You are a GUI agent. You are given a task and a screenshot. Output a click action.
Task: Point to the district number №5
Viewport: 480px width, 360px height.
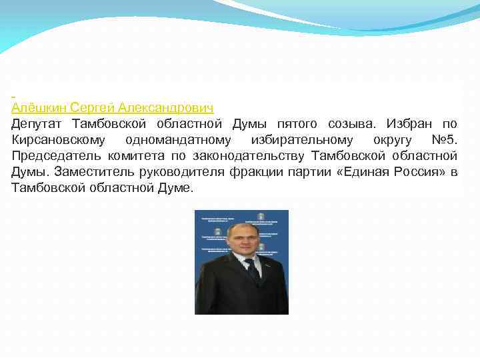point(442,140)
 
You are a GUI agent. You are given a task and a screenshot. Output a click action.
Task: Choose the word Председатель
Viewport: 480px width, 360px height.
point(55,156)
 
